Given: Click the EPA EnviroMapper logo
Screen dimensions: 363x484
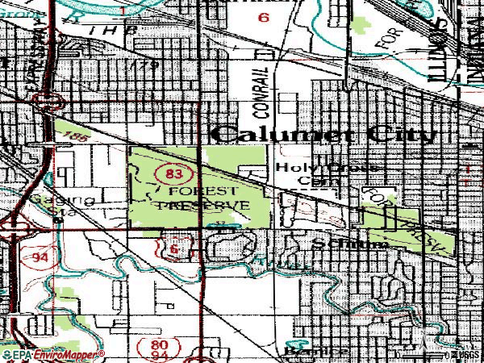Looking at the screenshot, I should click(53, 355).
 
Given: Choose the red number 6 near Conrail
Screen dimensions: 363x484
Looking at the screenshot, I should click(262, 17).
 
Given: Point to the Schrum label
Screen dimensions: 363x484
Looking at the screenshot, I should click(339, 243).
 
